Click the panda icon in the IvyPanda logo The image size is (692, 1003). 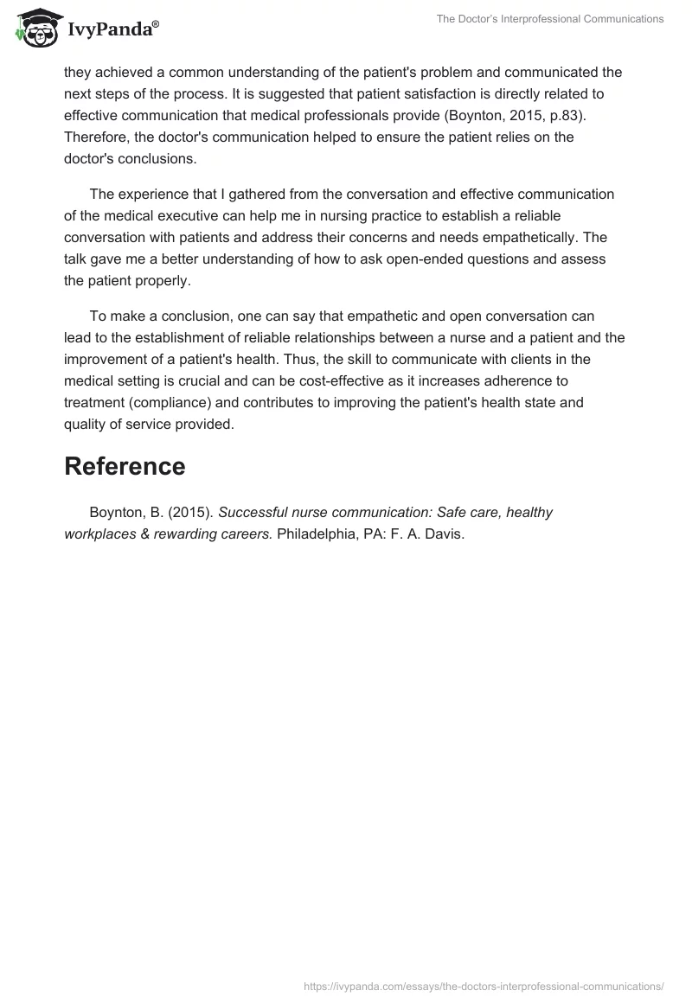point(35,29)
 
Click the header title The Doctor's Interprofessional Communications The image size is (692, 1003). point(549,18)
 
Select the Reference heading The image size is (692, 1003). point(125,466)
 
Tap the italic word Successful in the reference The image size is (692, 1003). point(254,512)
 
